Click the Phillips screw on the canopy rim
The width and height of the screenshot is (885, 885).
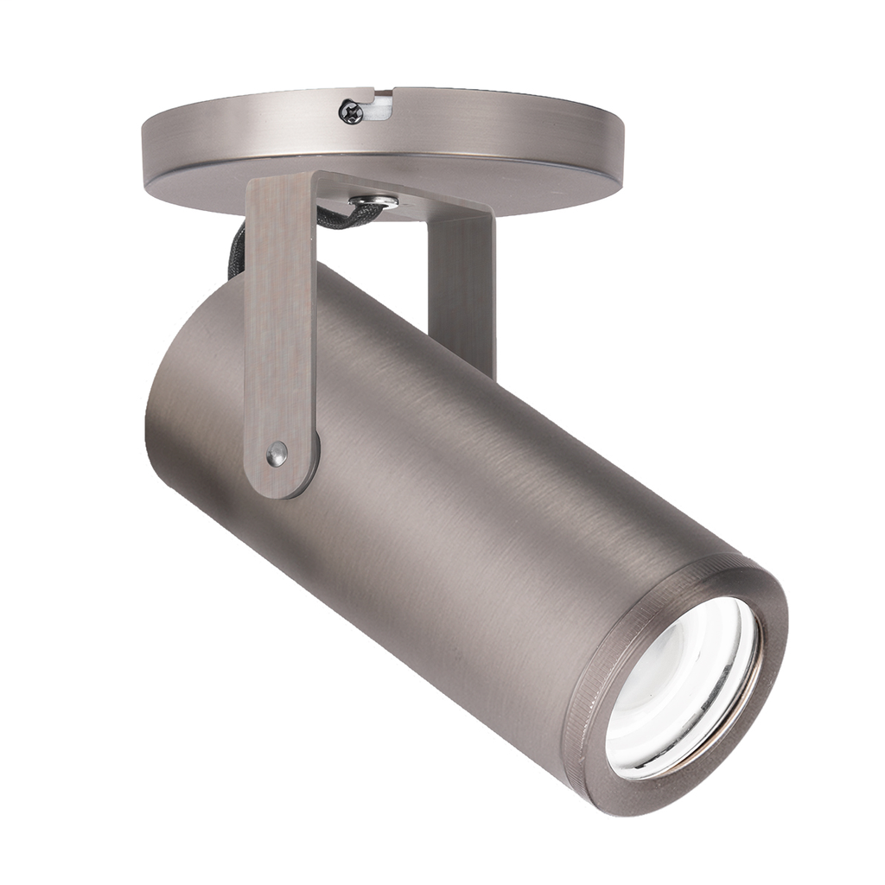351,111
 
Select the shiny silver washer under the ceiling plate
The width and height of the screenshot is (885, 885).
373,202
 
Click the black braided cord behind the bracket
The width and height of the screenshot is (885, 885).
237,250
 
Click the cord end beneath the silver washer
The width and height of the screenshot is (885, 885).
346,218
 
